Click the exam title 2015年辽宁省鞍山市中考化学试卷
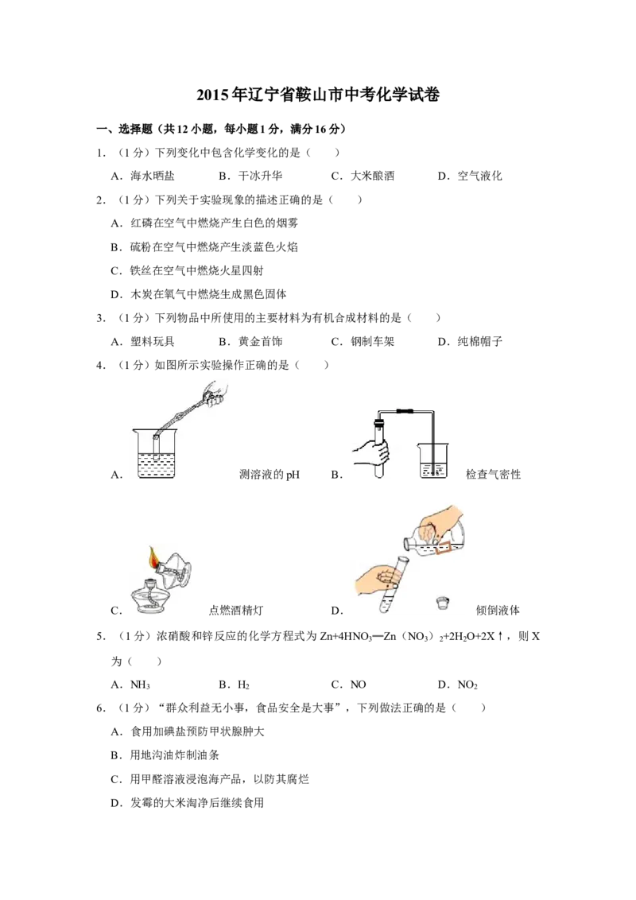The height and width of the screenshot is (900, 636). pyautogui.click(x=318, y=95)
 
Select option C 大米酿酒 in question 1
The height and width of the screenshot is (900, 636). pyautogui.click(x=363, y=177)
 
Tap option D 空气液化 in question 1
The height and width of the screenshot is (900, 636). pyautogui.click(x=470, y=177)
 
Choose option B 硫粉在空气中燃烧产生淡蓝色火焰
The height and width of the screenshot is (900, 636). pyautogui.click(x=204, y=247)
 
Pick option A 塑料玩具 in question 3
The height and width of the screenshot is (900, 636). pyautogui.click(x=142, y=342)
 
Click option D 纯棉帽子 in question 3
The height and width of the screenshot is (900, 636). pyautogui.click(x=470, y=342)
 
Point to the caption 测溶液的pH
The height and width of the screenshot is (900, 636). pyautogui.click(x=270, y=475)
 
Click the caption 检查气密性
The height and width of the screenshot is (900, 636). pyautogui.click(x=493, y=474)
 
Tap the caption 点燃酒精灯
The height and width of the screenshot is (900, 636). pyautogui.click(x=236, y=610)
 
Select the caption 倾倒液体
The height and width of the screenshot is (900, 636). pyautogui.click(x=498, y=610)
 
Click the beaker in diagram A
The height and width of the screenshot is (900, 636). pyautogui.click(x=156, y=453)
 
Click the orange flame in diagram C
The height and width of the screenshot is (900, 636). pyautogui.click(x=154, y=557)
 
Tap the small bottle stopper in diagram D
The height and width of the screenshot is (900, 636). pyautogui.click(x=443, y=603)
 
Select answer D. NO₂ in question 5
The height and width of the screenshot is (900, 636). pyautogui.click(x=457, y=685)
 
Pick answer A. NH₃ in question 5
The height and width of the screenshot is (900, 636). pyautogui.click(x=130, y=685)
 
